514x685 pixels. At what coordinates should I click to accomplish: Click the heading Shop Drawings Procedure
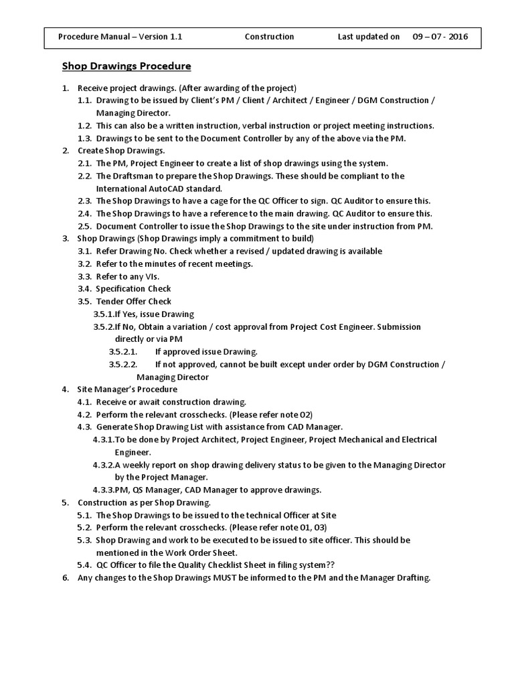(126, 66)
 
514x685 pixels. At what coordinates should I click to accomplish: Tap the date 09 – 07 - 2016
(440, 37)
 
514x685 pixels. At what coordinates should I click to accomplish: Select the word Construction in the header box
(269, 37)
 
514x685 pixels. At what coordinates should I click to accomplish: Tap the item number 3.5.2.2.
(123, 365)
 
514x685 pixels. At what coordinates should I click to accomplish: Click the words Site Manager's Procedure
(127, 389)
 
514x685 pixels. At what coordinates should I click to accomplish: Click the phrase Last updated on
(369, 37)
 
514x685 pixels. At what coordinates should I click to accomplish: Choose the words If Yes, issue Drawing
(155, 314)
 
